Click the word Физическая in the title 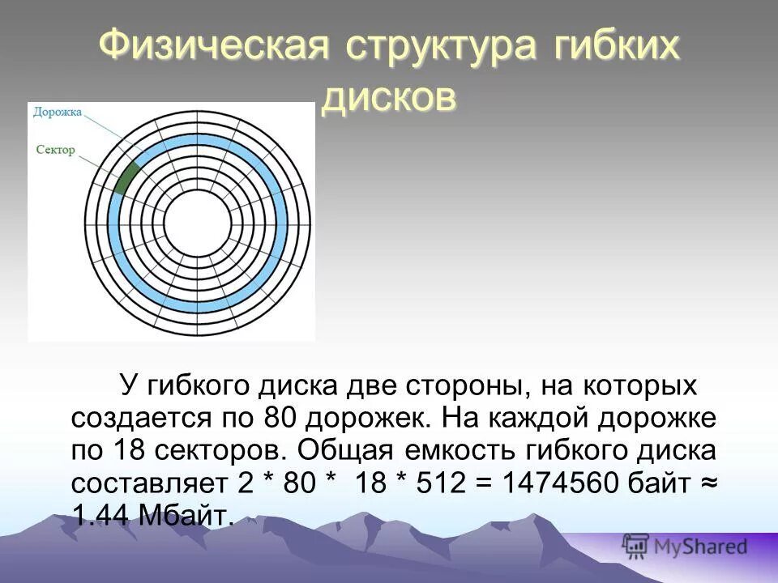pos(214,45)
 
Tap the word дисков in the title pos(389,97)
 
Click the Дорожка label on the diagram pos(58,113)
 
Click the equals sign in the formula pos(485,483)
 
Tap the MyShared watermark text pos(700,547)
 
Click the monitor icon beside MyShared pos(635,546)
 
